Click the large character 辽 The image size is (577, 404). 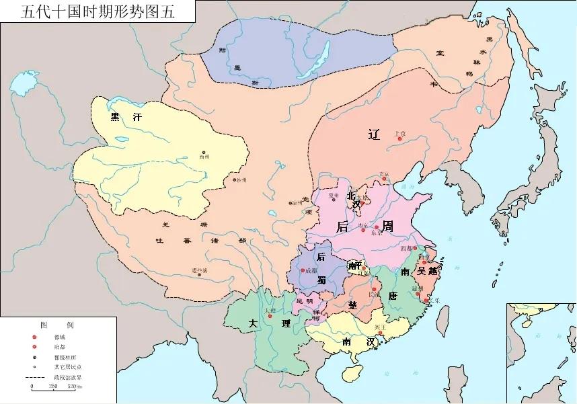375,134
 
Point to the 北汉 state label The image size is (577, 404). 352,200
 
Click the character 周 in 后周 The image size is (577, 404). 388,227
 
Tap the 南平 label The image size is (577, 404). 355,266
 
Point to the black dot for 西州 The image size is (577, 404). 205,153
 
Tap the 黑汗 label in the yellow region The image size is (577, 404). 127,116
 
